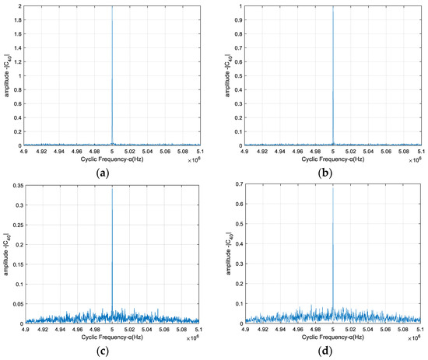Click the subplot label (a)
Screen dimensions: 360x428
(112, 176)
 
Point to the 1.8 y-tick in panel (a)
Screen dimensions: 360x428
(19, 21)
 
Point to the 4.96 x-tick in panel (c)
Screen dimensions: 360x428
(77, 330)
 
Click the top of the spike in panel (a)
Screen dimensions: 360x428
(112, 8)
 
